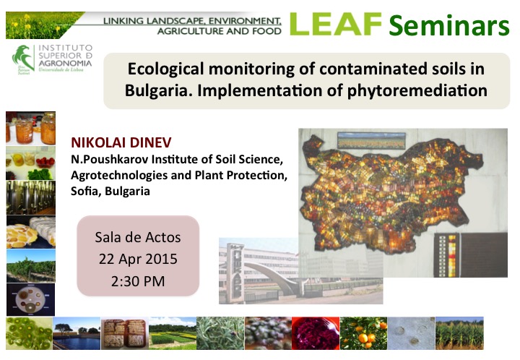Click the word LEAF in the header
pos(336,25)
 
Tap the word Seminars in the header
pos(449,25)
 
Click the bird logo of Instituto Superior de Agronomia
pos(23,59)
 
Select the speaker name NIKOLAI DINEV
pos(121,142)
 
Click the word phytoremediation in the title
pos(417,90)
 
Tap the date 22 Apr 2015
pos(138,259)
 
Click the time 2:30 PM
pos(138,281)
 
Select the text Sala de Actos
pos(138,237)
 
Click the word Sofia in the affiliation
pos(85,191)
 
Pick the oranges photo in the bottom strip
pos(363,333)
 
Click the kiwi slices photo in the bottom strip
pos(29,333)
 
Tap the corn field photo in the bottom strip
pos(459,333)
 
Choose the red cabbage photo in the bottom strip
pos(316,333)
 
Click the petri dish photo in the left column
pos(31,299)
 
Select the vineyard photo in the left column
pos(31,266)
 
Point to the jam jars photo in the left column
pos(31,129)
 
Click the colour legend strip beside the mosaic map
pos(451,255)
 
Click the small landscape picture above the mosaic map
pos(371,140)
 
